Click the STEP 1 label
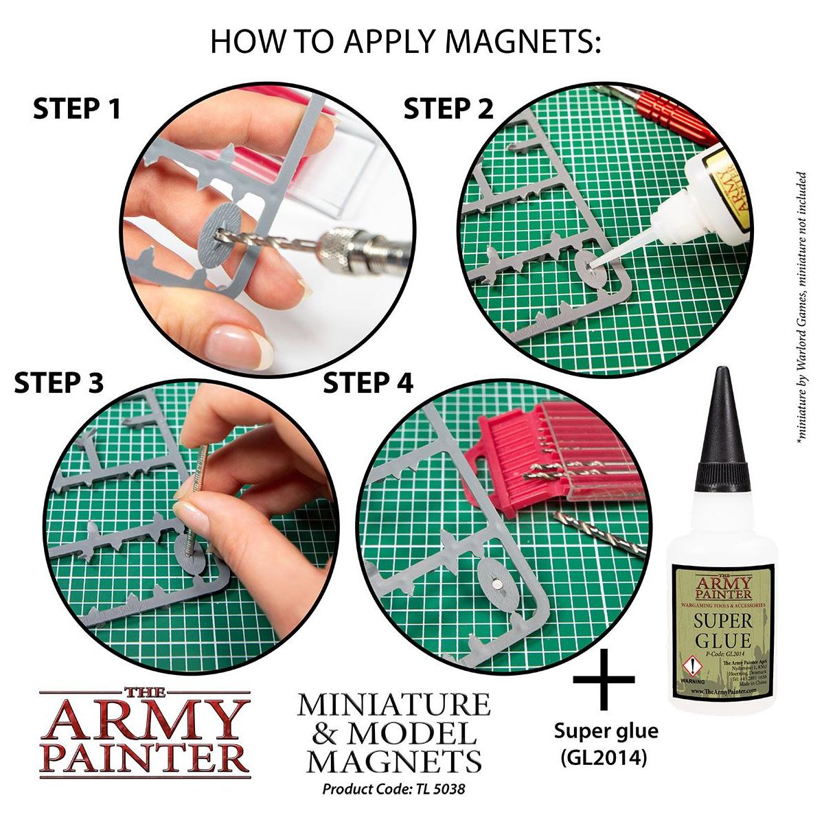(77, 109)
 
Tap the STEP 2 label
(448, 109)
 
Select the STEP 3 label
(58, 383)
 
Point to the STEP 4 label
(368, 383)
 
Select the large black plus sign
(604, 680)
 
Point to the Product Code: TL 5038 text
(393, 788)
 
